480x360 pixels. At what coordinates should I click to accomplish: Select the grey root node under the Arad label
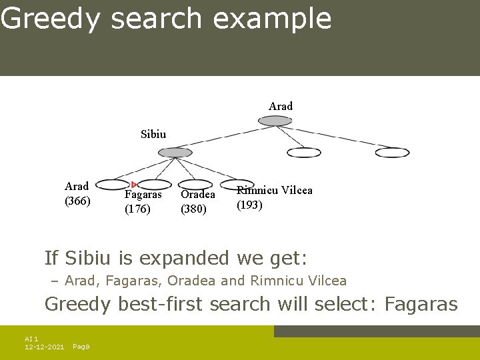[275, 121]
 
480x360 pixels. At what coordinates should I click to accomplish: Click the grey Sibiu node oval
[175, 153]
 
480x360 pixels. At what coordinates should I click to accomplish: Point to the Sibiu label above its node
[153, 134]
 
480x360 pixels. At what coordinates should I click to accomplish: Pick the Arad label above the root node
[281, 106]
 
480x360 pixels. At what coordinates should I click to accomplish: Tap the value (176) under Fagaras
[137, 209]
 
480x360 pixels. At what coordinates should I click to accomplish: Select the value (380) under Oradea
[193, 209]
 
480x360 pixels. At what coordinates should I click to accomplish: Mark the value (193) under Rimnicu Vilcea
[250, 205]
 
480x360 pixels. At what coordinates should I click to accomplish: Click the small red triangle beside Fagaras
[134, 185]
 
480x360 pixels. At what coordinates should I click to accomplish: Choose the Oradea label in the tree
[198, 195]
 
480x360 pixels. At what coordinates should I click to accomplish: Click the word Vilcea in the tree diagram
[297, 190]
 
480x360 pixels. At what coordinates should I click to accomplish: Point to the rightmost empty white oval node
[392, 153]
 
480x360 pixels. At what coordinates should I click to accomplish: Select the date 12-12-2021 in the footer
[45, 347]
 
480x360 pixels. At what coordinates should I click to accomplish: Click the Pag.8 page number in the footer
[81, 347]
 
